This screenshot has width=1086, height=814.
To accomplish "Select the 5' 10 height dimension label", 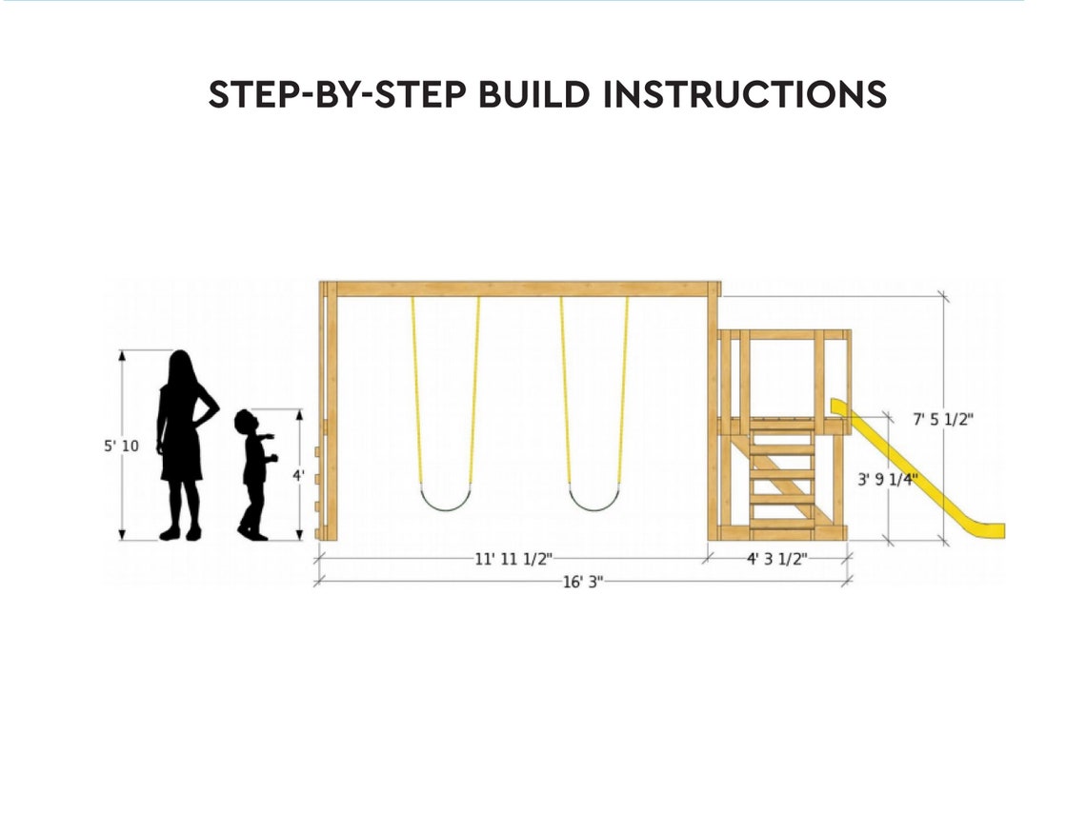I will tap(122, 446).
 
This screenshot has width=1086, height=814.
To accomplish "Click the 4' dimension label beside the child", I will tap(298, 474).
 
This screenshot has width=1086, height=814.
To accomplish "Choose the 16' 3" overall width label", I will tap(582, 582).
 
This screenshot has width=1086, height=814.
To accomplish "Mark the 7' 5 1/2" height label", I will tap(943, 419).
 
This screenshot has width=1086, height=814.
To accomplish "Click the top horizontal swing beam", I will tap(519, 288).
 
